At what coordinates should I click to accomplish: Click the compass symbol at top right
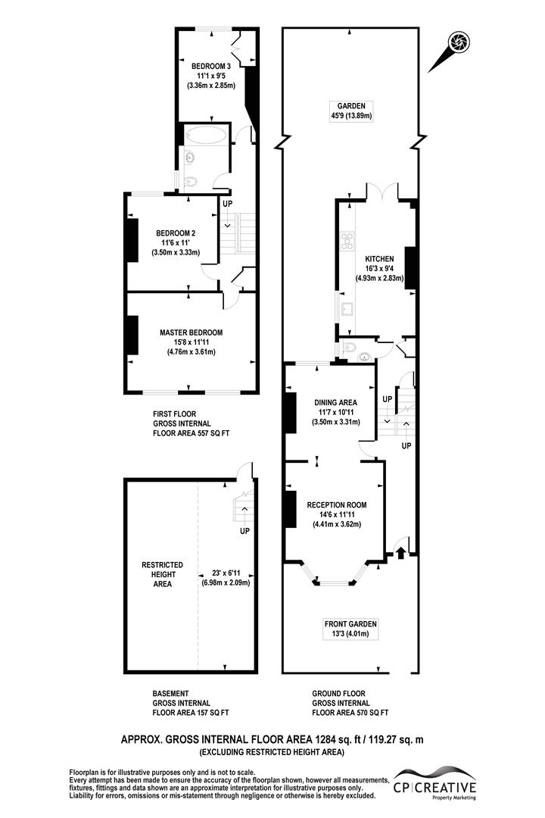[x=457, y=43]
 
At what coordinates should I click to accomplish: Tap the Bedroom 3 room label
[x=210, y=66]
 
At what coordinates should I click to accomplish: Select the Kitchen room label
[x=380, y=258]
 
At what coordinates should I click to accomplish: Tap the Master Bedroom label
[x=191, y=332]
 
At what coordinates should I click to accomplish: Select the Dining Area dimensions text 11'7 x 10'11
[x=335, y=412]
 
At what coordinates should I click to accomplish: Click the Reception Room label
[x=336, y=504]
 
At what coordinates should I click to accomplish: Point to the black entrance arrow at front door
[x=400, y=554]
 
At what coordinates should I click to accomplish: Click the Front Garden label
[x=350, y=624]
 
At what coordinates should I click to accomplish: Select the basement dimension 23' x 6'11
[x=226, y=573]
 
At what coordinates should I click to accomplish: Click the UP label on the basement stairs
[x=244, y=531]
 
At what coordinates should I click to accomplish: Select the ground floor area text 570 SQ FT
[x=372, y=713]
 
